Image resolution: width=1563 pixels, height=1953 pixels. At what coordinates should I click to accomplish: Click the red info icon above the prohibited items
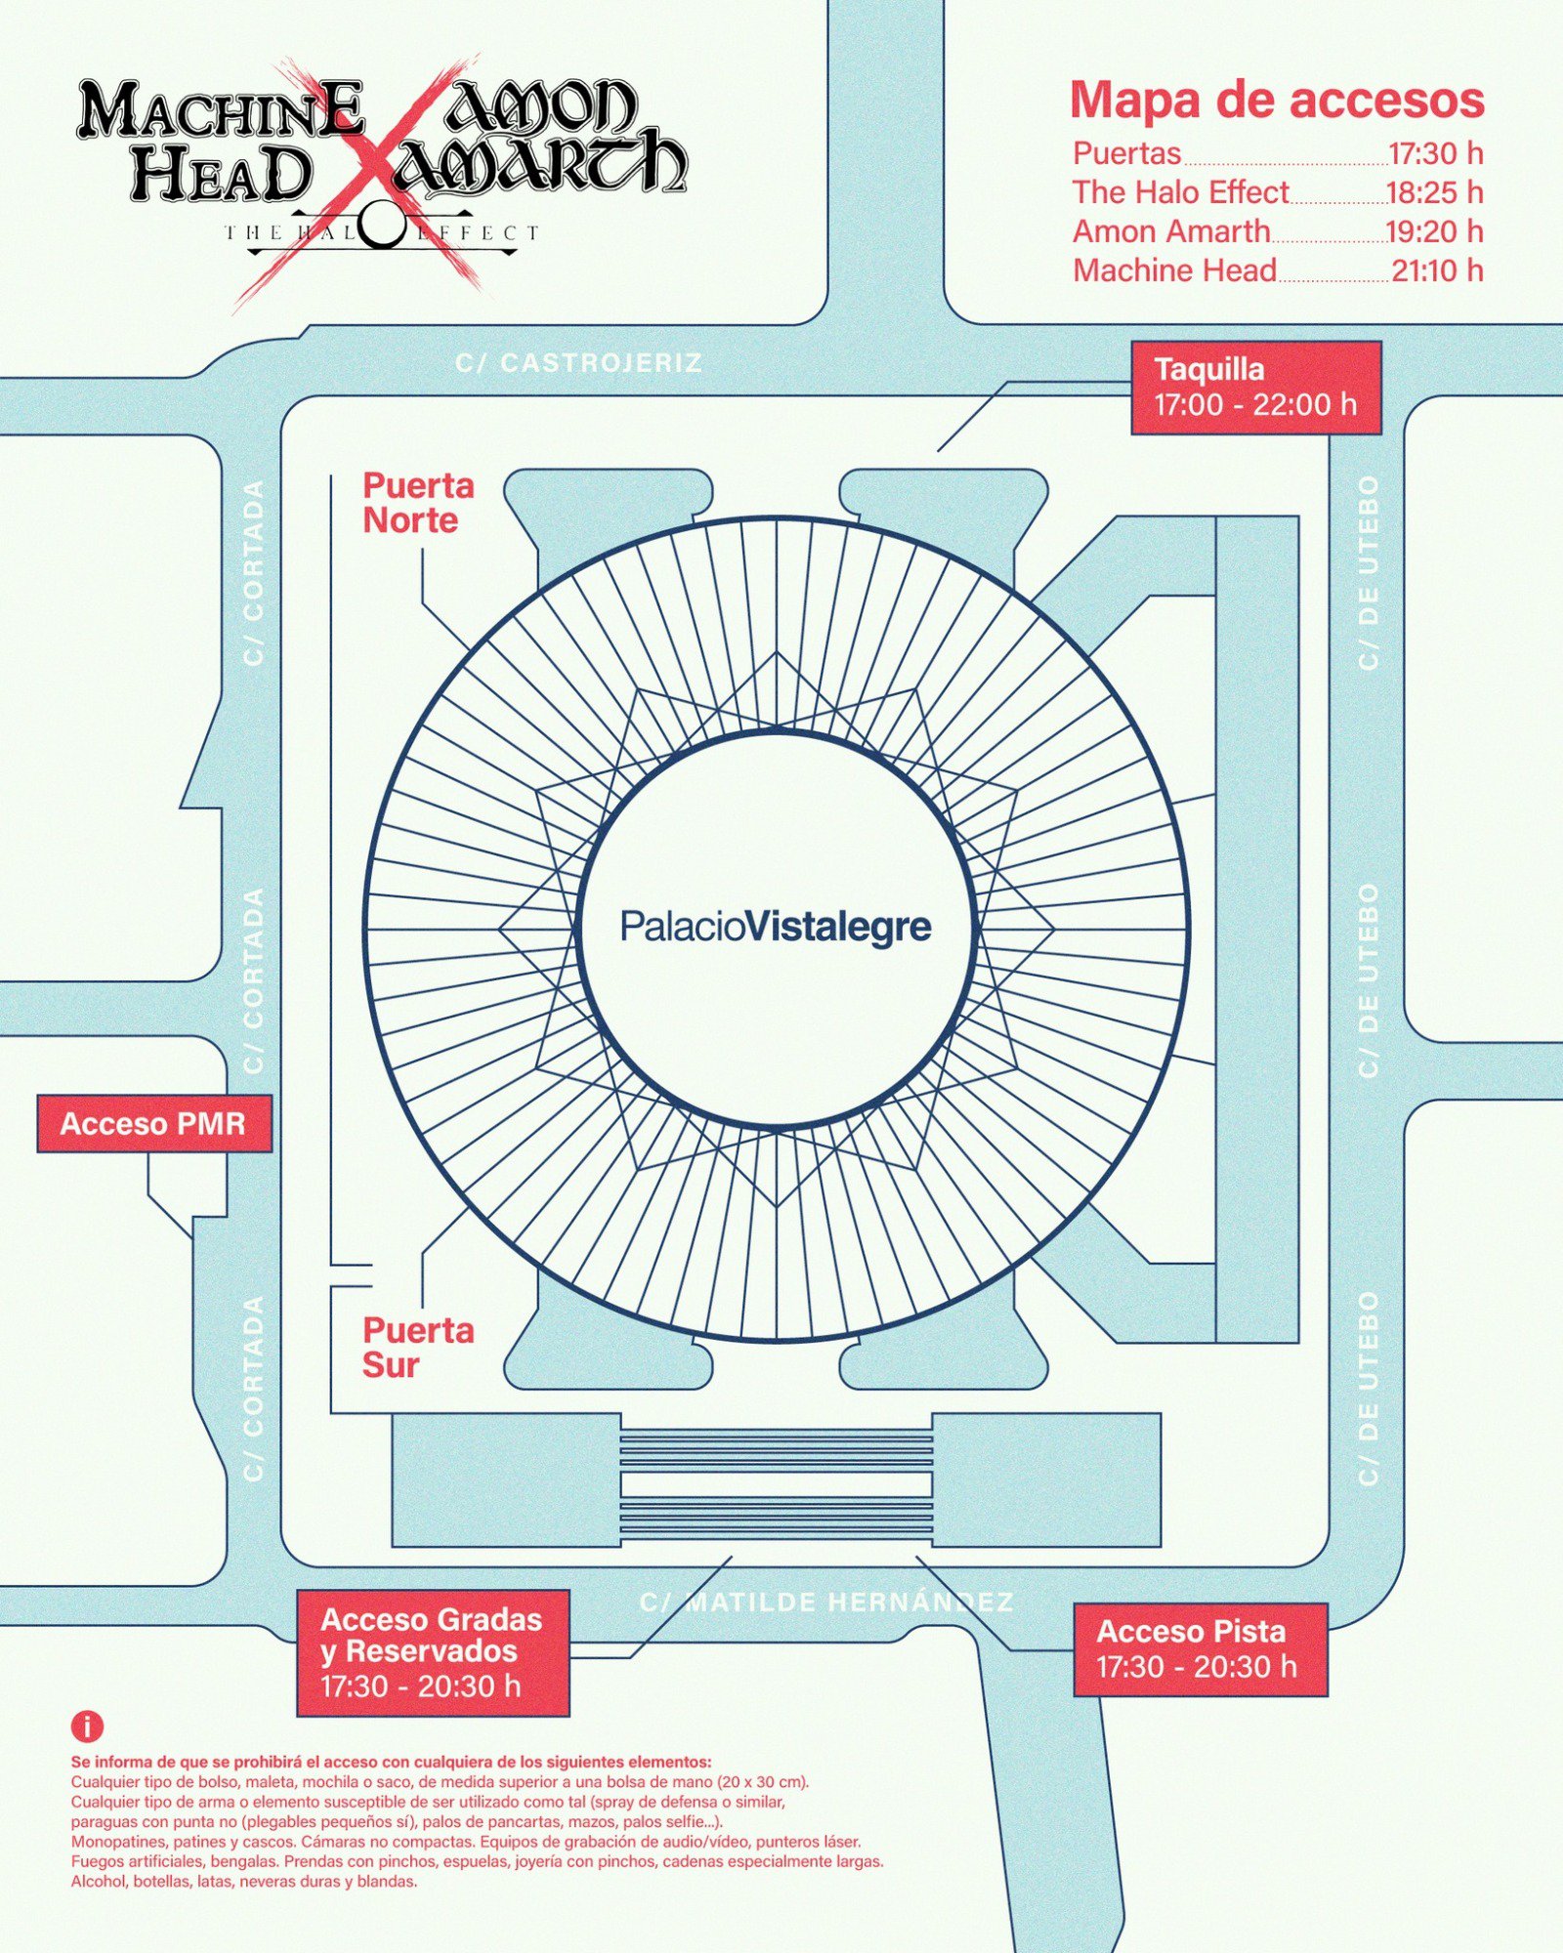tap(87, 1726)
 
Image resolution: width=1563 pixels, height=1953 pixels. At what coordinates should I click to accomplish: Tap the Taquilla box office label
tap(1255, 388)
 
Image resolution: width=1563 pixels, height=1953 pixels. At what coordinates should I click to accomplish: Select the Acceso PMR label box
tap(153, 1124)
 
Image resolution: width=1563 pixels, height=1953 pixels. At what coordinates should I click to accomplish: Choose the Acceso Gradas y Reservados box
tap(433, 1652)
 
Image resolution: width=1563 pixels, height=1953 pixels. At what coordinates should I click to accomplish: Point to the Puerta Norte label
tap(418, 503)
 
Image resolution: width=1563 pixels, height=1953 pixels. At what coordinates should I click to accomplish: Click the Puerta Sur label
tap(417, 1348)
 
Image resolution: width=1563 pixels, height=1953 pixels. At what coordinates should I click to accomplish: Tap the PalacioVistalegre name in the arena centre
tap(776, 926)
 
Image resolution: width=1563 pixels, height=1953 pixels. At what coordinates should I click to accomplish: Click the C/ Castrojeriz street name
tap(578, 363)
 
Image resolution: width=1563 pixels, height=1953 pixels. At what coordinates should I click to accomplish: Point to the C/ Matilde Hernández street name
tap(826, 1602)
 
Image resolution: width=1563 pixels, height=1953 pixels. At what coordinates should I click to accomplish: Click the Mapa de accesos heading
tap(1277, 100)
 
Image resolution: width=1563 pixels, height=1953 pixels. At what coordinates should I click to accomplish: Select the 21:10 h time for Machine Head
tap(1437, 270)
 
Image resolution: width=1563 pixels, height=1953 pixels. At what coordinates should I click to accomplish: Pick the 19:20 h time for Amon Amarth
tap(1435, 231)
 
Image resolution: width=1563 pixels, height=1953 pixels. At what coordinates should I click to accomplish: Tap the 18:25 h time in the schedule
tap(1435, 192)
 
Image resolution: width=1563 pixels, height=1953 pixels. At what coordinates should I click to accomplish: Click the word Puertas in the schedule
tap(1126, 153)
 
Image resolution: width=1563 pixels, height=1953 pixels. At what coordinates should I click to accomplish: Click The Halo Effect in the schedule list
tap(1180, 192)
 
